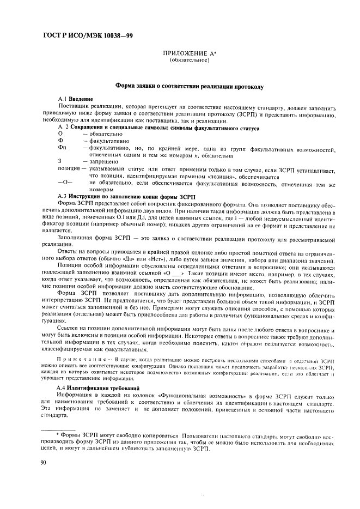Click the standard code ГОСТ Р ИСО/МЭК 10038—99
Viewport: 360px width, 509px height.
click(87, 35)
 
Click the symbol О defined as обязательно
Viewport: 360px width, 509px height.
click(60, 134)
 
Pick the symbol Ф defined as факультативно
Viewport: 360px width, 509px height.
click(60, 140)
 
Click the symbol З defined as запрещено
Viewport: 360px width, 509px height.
click(60, 162)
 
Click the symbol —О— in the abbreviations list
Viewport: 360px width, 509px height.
click(64, 183)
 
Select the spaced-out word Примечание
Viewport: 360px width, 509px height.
click(82, 361)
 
